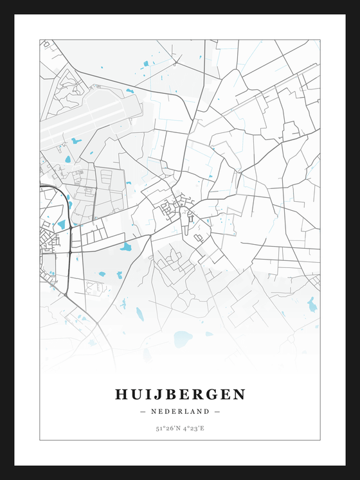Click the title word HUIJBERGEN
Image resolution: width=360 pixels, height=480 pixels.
180,395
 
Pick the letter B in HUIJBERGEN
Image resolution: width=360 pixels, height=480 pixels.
173,395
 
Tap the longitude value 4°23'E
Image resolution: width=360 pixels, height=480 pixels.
194,428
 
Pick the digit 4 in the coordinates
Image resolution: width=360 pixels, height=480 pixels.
184,428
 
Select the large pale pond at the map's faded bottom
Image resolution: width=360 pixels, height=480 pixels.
183,339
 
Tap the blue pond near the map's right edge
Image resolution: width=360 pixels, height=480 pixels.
312,305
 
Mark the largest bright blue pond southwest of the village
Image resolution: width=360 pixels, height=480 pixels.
125,246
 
